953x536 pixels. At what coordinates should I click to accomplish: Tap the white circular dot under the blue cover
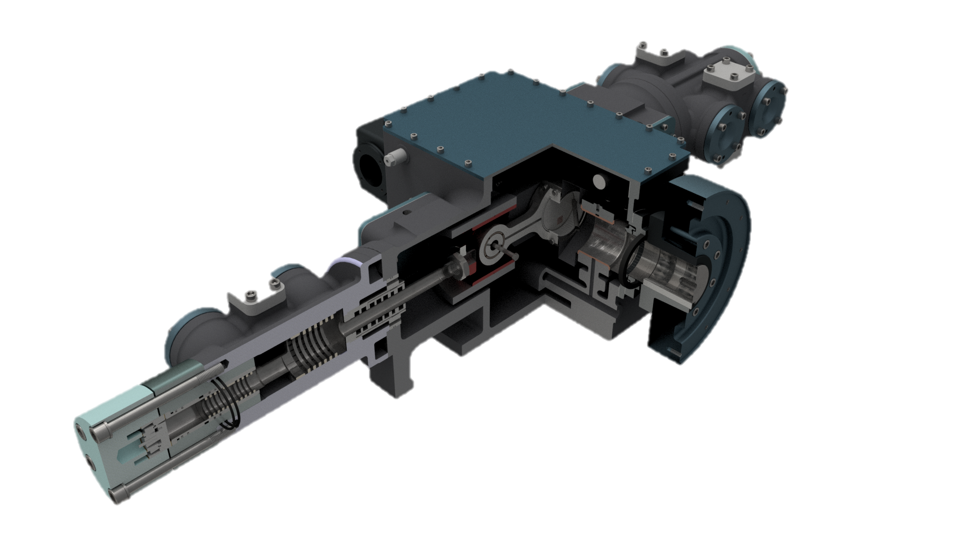(x=599, y=181)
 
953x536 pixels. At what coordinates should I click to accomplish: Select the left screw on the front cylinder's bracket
(x=251, y=296)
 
